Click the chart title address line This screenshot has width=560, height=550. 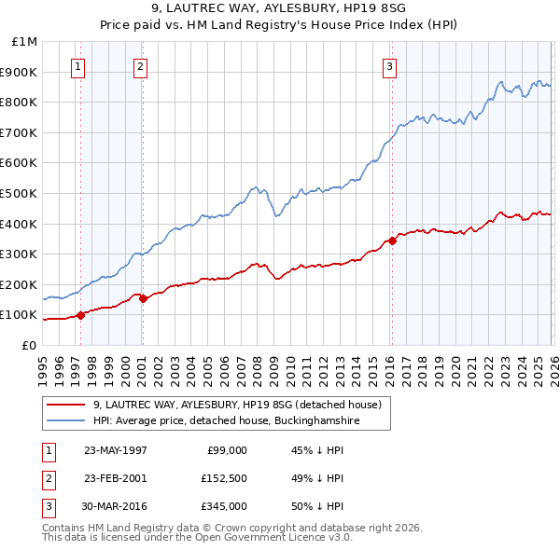[280, 9]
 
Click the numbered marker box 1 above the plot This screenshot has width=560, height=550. [77, 66]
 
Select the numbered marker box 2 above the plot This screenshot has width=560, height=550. [139, 66]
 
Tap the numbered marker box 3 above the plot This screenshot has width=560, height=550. [389, 66]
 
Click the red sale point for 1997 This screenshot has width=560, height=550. [81, 314]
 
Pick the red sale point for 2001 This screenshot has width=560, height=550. [143, 298]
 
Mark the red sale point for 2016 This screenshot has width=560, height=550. [392, 241]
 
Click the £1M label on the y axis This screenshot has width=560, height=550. [25, 42]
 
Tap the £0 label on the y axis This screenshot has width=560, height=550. [29, 345]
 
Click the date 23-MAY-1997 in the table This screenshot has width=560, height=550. [115, 450]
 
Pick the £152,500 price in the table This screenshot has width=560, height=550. [223, 478]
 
